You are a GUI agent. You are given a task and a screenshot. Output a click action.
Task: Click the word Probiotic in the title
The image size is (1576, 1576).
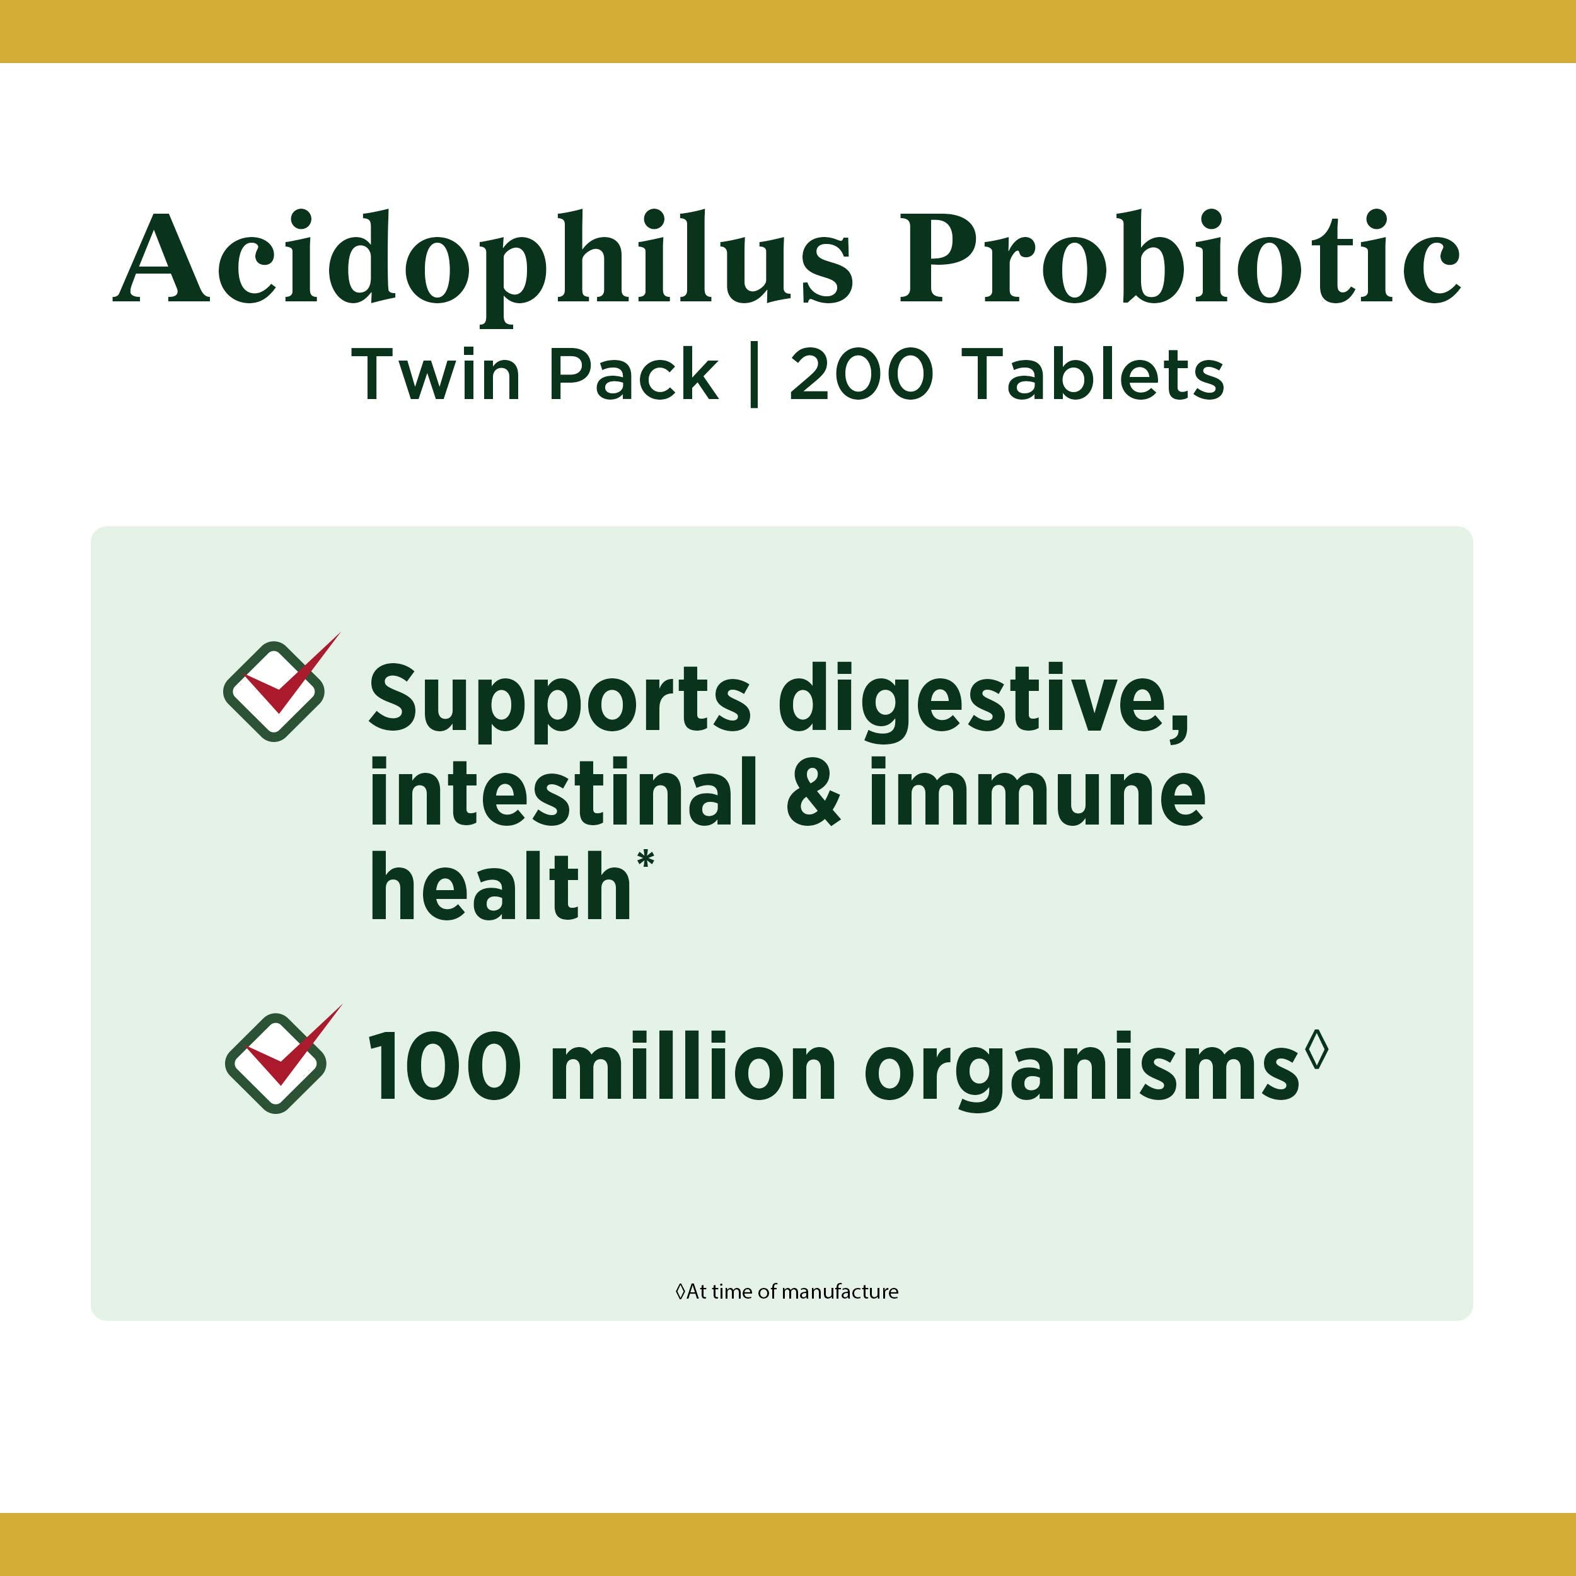coord(1179,258)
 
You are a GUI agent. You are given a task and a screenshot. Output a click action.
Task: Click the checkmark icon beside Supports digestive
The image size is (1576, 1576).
coord(280,688)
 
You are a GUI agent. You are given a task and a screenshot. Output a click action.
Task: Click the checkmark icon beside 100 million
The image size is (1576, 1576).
coord(281,1059)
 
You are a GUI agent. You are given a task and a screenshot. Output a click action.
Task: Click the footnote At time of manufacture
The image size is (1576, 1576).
coord(787,1291)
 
